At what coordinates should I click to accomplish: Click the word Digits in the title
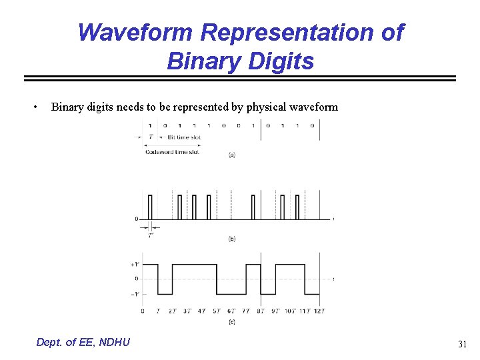[x=280, y=61]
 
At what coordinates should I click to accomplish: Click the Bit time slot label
[x=184, y=137]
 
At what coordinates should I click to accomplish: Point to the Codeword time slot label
[x=173, y=152]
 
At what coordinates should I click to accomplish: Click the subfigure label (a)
[x=231, y=155]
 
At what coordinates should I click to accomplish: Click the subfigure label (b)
[x=231, y=239]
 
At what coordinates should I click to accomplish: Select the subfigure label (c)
[x=231, y=322]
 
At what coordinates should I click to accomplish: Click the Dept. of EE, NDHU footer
[x=83, y=342]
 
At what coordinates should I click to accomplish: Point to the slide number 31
[x=462, y=344]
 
